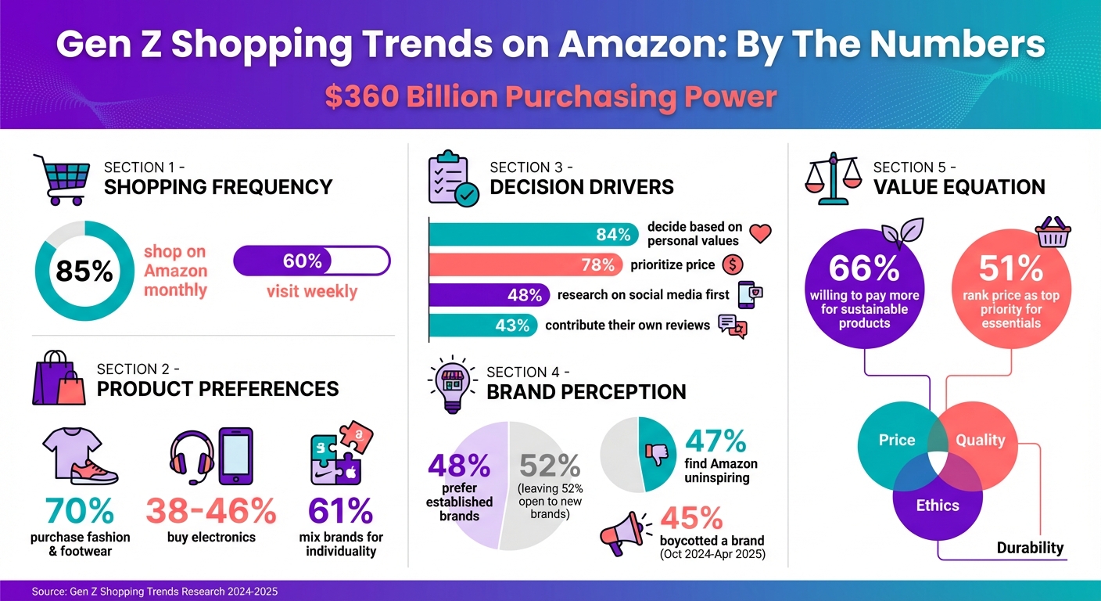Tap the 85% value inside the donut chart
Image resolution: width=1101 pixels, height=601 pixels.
pyautogui.click(x=84, y=271)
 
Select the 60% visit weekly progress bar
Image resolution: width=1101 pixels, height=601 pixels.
pyautogui.click(x=311, y=261)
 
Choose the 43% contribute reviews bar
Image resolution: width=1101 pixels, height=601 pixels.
pyautogui.click(x=483, y=325)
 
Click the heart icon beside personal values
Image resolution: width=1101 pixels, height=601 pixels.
pyautogui.click(x=760, y=233)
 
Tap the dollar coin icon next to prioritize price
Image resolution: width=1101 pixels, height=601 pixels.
pyautogui.click(x=732, y=265)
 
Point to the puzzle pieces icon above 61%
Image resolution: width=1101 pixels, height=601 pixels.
pyautogui.click(x=341, y=457)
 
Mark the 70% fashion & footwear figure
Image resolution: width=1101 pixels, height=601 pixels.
pyautogui.click(x=80, y=511)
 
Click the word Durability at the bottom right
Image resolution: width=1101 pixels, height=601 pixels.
pyautogui.click(x=1030, y=548)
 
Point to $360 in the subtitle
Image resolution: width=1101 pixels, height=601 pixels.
pyautogui.click(x=362, y=97)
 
